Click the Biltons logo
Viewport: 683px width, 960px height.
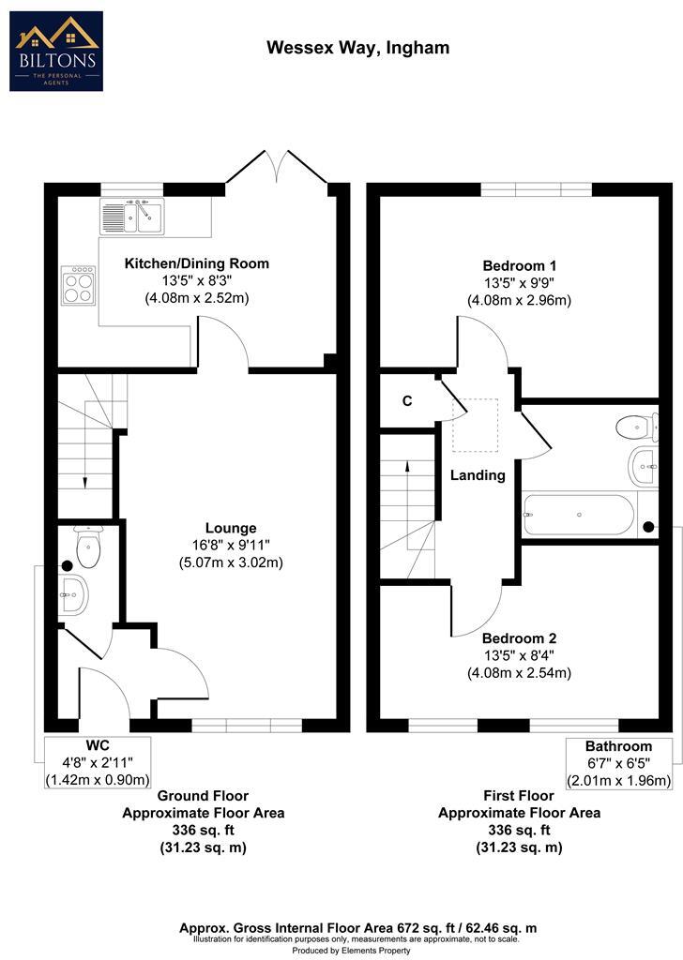pyautogui.click(x=56, y=51)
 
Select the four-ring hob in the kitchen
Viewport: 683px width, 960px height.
pyautogui.click(x=78, y=284)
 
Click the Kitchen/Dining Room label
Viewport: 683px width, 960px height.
pyautogui.click(x=197, y=263)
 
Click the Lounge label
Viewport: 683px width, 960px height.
pyautogui.click(x=231, y=528)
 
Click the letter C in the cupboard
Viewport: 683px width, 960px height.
pyautogui.click(x=407, y=401)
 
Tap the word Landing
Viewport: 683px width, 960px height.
pyautogui.click(x=478, y=475)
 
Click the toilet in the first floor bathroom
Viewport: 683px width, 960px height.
pyautogui.click(x=637, y=428)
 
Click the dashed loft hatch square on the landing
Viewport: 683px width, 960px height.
pyautogui.click(x=476, y=425)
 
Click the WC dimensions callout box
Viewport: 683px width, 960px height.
pyautogui.click(x=98, y=762)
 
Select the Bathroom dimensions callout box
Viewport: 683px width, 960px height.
pyautogui.click(x=618, y=763)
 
